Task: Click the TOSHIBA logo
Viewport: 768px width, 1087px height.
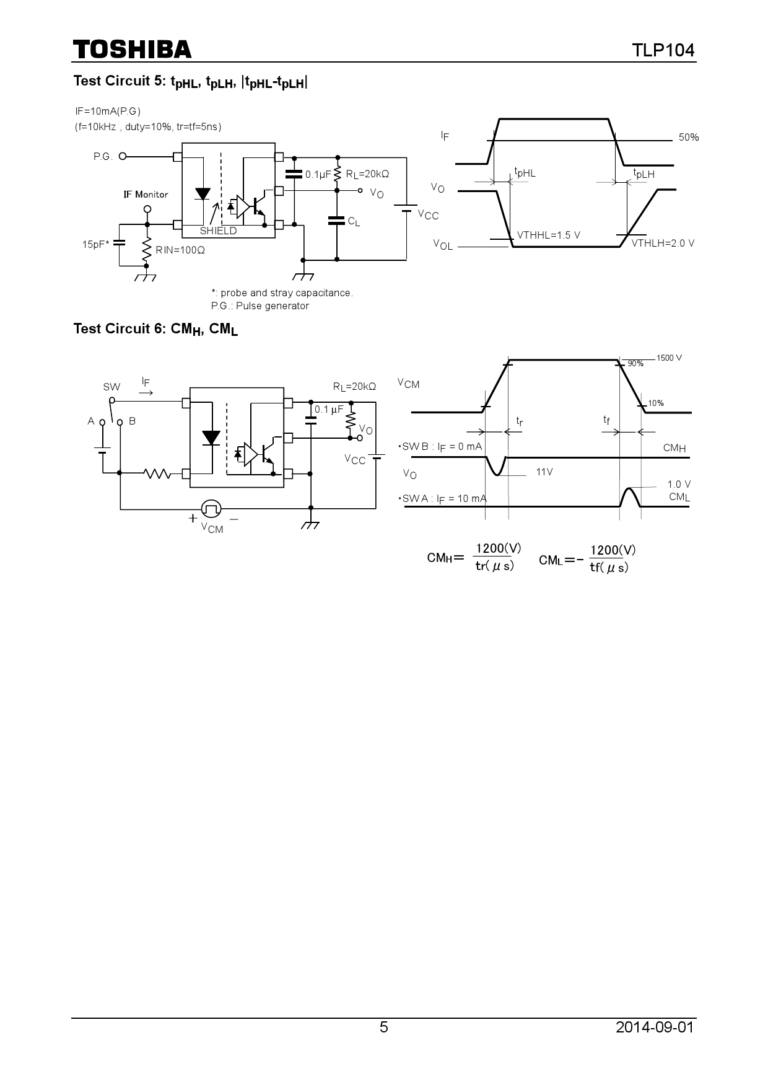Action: pos(132,50)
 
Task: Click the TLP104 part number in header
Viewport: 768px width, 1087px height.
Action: pos(663,50)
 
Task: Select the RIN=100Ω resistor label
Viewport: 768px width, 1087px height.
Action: pos(180,250)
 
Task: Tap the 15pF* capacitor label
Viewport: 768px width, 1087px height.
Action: pos(95,245)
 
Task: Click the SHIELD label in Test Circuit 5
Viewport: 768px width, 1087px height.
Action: pos(218,231)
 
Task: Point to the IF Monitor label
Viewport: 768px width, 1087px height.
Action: pos(146,195)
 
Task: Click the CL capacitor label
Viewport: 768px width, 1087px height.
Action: pos(354,221)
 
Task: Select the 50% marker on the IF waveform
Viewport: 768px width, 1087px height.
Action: pos(688,138)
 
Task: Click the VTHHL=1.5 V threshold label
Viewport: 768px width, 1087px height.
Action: pos(548,235)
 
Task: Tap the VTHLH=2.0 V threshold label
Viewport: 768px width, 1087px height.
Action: pos(663,244)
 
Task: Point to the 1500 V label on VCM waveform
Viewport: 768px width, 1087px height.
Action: pos(669,358)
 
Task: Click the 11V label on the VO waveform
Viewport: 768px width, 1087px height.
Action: pos(544,472)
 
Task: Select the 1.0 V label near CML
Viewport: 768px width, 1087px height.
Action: pos(679,485)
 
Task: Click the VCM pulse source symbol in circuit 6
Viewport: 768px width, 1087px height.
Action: pos(212,509)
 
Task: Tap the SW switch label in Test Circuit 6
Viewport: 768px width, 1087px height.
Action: pos(111,387)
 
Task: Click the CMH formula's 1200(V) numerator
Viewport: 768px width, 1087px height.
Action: pos(497,548)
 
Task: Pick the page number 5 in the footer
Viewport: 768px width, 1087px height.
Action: pos(384,1028)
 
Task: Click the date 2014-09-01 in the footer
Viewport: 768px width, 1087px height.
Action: pos(655,1028)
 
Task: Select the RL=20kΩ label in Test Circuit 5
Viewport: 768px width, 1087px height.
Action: pos(367,175)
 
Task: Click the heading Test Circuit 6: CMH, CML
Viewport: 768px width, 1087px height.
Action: pos(155,329)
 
